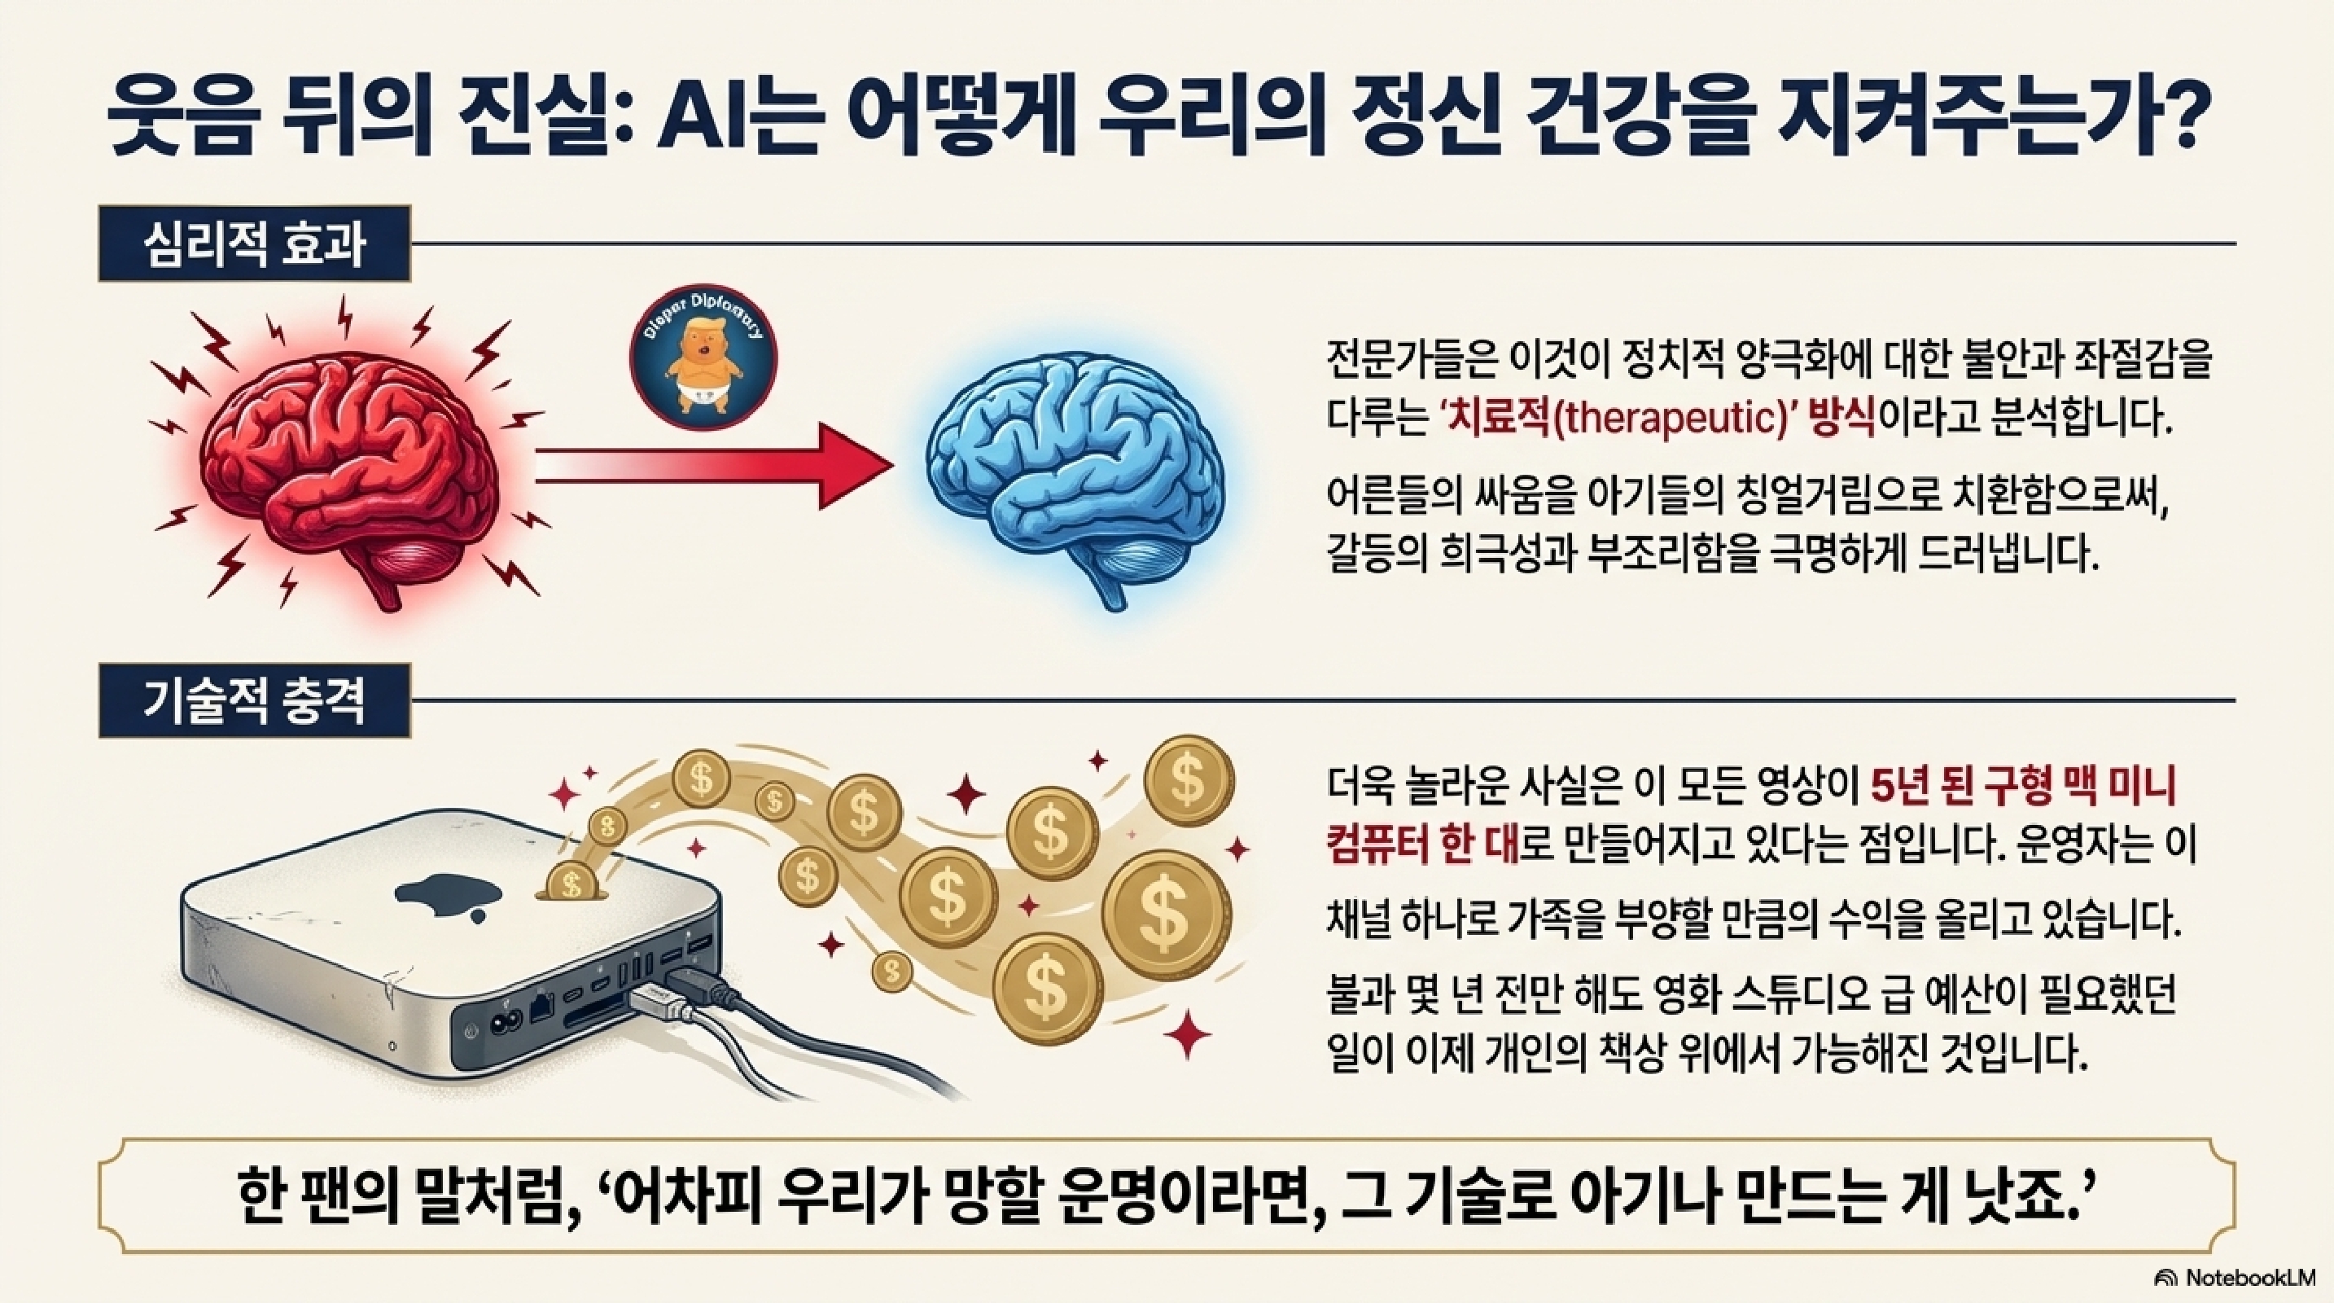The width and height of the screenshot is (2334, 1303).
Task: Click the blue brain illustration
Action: tap(1074, 472)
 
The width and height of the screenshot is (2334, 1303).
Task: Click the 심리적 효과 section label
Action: tap(254, 244)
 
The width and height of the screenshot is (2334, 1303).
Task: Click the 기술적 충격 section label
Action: tap(254, 700)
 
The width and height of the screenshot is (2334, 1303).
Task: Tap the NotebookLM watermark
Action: tap(2238, 1278)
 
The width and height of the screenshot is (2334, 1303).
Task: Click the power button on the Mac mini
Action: tap(470, 1030)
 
